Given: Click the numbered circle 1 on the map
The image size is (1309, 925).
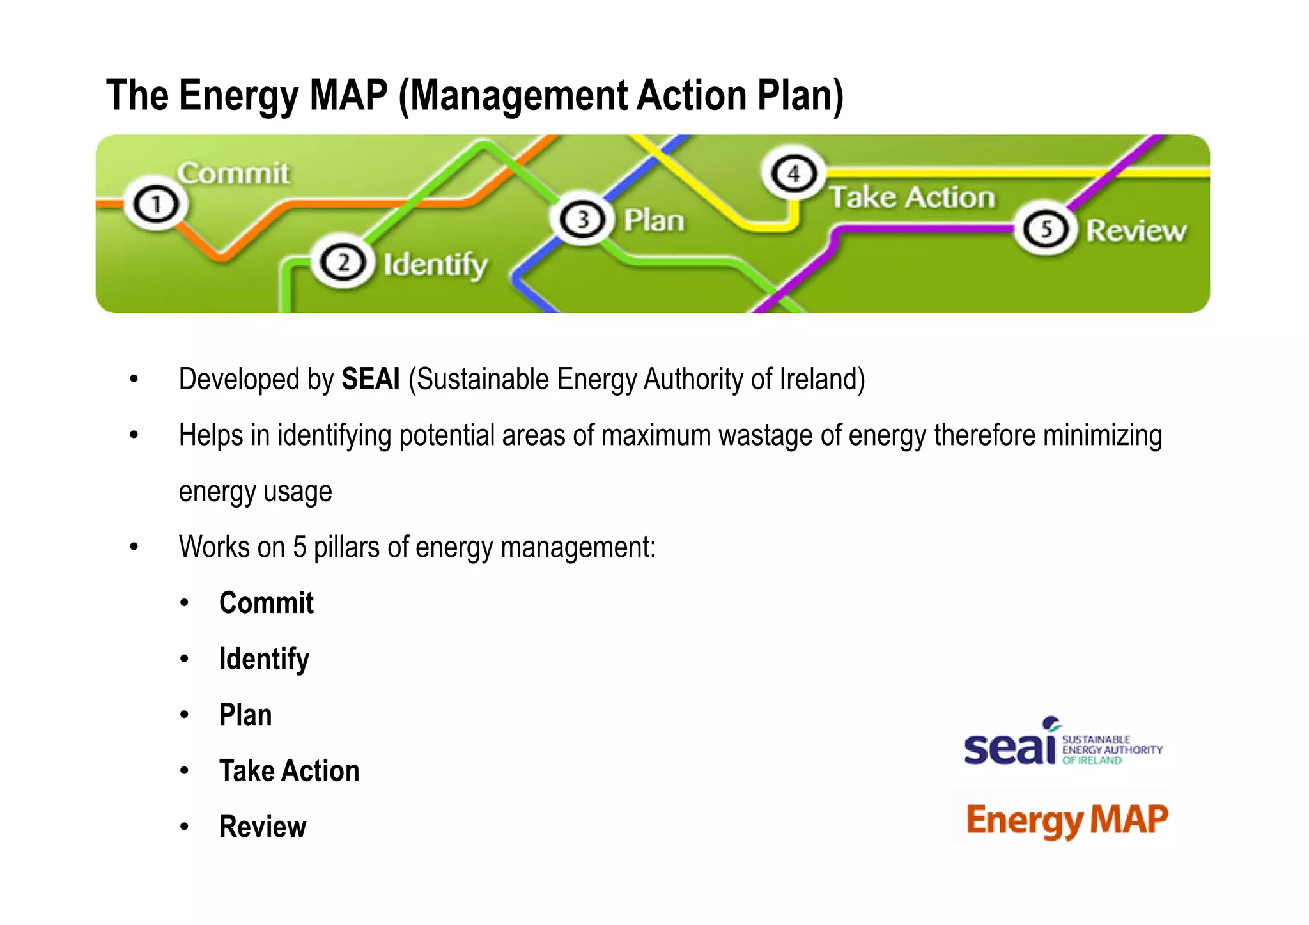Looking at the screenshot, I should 155,205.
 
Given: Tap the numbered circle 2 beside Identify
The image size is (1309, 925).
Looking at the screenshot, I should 343,263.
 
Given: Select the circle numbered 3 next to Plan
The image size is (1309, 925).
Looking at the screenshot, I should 582,219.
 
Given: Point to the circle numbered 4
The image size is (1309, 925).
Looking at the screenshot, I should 793,173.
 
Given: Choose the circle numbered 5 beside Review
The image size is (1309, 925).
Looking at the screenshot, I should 1046,229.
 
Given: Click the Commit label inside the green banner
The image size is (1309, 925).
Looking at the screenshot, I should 233,174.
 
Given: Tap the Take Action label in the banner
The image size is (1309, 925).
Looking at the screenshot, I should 912,197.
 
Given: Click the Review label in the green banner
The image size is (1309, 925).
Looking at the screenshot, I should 1136,231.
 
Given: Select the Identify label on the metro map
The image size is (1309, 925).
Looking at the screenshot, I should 435,265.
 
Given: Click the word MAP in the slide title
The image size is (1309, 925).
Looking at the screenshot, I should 348,96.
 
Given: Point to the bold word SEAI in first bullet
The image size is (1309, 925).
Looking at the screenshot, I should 370,379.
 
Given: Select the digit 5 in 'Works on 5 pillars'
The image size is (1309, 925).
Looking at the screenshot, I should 299,547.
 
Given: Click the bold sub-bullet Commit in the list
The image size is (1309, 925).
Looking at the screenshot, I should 266,603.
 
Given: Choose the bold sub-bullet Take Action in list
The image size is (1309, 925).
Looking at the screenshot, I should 289,771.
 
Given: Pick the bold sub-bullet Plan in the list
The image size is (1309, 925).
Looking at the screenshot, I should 245,715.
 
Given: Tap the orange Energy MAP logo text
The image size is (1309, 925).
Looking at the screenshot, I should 1067,820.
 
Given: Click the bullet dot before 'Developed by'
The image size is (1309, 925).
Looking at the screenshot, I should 134,380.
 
